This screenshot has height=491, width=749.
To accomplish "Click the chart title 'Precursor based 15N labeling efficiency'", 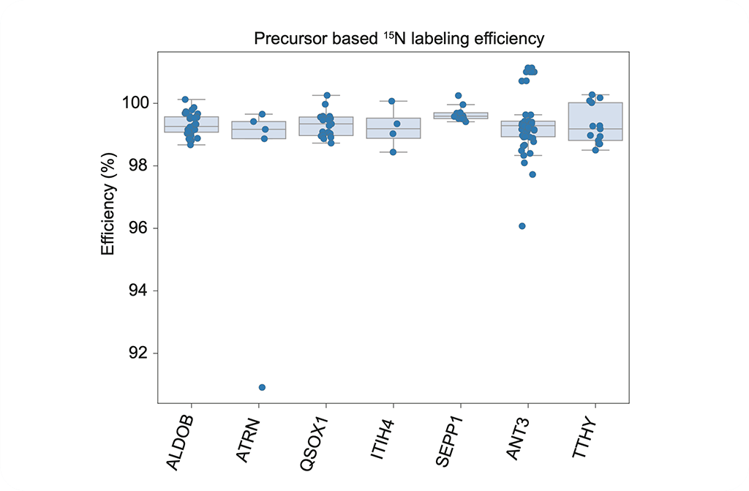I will tap(399, 39).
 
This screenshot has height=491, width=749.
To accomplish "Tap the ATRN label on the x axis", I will tap(249, 438).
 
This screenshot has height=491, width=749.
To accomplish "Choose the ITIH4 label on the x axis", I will tap(383, 438).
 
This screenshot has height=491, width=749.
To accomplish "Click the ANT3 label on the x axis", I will tap(518, 438).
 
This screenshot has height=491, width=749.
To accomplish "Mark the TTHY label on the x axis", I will tap(586, 438).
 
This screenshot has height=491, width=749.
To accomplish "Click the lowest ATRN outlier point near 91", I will tap(262, 387).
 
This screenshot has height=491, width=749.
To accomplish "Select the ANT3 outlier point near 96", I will tap(522, 226).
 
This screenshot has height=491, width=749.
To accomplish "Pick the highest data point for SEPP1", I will tap(458, 96).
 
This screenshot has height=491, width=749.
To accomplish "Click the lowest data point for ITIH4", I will tap(393, 152).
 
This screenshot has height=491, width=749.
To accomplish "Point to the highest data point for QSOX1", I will tap(327, 96).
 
